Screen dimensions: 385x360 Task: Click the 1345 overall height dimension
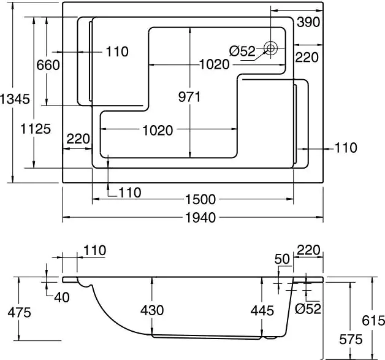pyautogui.click(x=15, y=99)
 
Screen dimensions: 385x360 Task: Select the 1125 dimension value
pyautogui.click(x=36, y=129)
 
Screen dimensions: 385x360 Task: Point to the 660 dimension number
pyautogui.click(x=48, y=65)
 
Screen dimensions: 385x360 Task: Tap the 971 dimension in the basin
pyautogui.click(x=189, y=97)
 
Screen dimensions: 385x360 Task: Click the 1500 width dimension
pyautogui.click(x=200, y=199)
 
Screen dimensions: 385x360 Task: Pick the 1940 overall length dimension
pyautogui.click(x=200, y=218)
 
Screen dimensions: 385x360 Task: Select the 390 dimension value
pyautogui.click(x=308, y=22)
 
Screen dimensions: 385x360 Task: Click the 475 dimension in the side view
pyautogui.click(x=20, y=313)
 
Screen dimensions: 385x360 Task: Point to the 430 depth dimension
pyautogui.click(x=152, y=310)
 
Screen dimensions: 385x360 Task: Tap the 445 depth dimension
pyautogui.click(x=262, y=311)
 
